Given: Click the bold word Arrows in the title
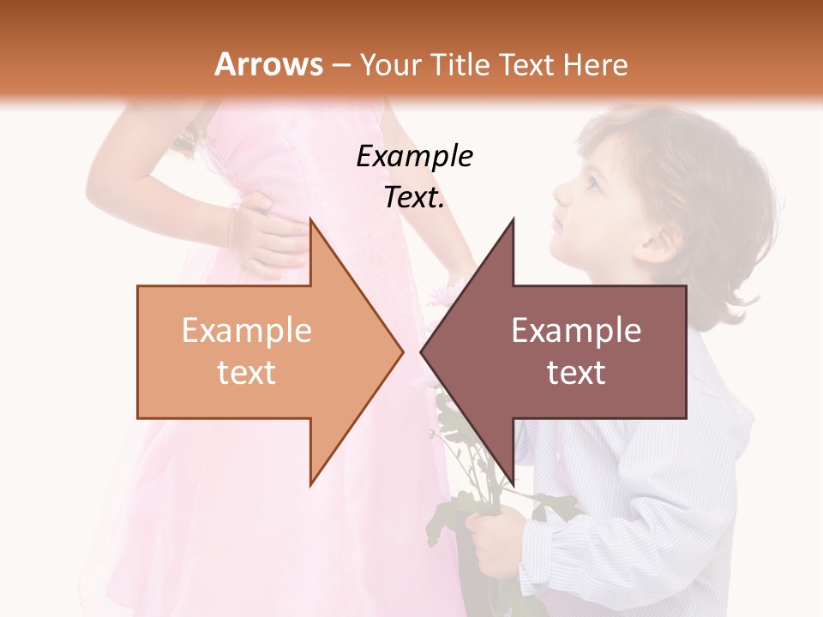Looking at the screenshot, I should pyautogui.click(x=268, y=64).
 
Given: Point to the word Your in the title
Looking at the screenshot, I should pyautogui.click(x=389, y=64).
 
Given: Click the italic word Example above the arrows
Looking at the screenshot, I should pyautogui.click(x=414, y=156).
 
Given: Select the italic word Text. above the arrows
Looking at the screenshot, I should pyautogui.click(x=414, y=198).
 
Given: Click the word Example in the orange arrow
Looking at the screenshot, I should pyautogui.click(x=246, y=331).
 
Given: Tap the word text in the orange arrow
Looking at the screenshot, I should pyautogui.click(x=246, y=373).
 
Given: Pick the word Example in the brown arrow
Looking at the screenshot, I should pyautogui.click(x=576, y=331).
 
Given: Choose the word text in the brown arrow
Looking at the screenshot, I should pyautogui.click(x=576, y=373).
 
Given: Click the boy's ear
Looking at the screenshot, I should pyautogui.click(x=656, y=241).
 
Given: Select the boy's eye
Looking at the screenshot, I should pyautogui.click(x=592, y=183).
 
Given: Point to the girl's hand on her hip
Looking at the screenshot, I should pyautogui.click(x=266, y=236).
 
